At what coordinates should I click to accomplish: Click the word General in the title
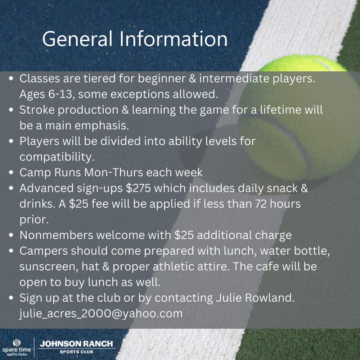77,39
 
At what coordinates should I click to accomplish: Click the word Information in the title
174,39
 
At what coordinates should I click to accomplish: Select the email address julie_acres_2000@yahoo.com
101,314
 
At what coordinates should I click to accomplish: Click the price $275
138,188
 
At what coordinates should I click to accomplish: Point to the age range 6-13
61,94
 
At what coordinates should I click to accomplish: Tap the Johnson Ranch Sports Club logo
76,347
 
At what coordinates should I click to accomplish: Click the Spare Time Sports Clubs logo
17,347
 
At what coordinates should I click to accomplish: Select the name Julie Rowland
255,298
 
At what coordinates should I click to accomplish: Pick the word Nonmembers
56,235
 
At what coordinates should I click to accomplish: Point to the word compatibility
57,157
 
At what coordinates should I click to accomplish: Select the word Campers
44,251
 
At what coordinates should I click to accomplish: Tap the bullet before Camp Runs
11,172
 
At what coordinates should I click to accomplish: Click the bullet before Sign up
11,298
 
